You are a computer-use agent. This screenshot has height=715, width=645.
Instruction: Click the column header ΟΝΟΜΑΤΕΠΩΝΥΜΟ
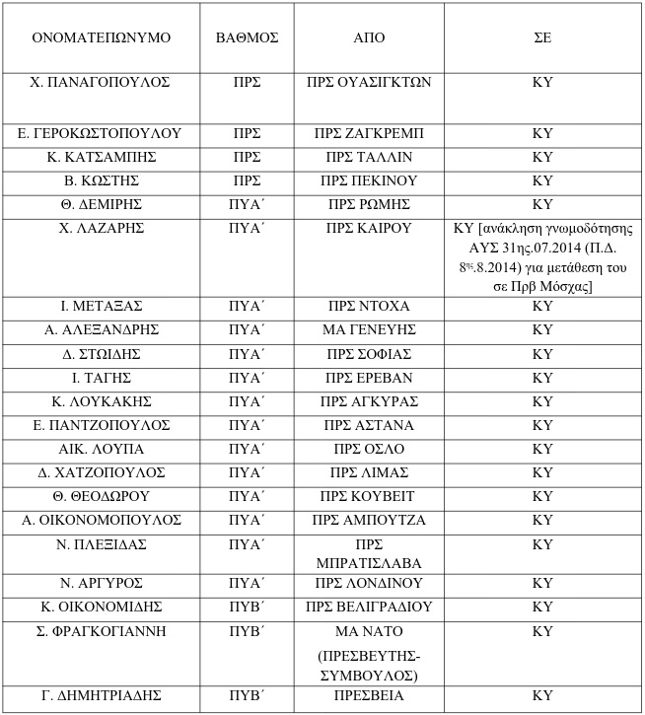coord(101,38)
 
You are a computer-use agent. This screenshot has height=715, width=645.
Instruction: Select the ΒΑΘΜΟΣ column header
coord(247,38)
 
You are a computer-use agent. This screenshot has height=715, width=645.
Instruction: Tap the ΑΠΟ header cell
coord(369,38)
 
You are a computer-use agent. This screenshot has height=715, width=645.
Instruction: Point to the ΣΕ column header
coord(541,38)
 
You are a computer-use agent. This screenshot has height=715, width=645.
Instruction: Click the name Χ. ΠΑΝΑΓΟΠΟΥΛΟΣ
coord(101,83)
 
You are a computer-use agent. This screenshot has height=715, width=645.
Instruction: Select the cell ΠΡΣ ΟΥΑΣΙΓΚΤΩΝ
coord(369,83)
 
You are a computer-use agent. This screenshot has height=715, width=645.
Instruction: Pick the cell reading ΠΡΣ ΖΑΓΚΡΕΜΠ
coord(369,133)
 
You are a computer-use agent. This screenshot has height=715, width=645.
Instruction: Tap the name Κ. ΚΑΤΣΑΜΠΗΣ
coord(101,157)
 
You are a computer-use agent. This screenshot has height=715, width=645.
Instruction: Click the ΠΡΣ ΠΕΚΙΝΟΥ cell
coord(369,180)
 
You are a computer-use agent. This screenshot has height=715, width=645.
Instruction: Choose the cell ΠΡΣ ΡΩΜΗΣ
coord(369,204)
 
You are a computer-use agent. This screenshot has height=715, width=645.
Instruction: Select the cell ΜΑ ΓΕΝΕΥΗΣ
coord(369,329)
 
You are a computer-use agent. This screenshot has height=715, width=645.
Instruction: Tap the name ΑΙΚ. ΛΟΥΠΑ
coord(101,449)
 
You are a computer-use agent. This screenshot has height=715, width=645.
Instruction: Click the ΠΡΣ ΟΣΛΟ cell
coord(369,449)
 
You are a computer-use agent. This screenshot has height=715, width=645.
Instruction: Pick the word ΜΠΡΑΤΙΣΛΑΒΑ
coord(369,562)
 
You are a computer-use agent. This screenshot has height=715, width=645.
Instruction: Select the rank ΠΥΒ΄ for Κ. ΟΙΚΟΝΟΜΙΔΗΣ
coord(247,607)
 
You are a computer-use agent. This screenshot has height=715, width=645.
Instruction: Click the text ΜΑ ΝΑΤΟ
coord(369,631)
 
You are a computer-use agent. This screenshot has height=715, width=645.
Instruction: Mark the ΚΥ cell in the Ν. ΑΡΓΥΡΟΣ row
coord(541,583)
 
